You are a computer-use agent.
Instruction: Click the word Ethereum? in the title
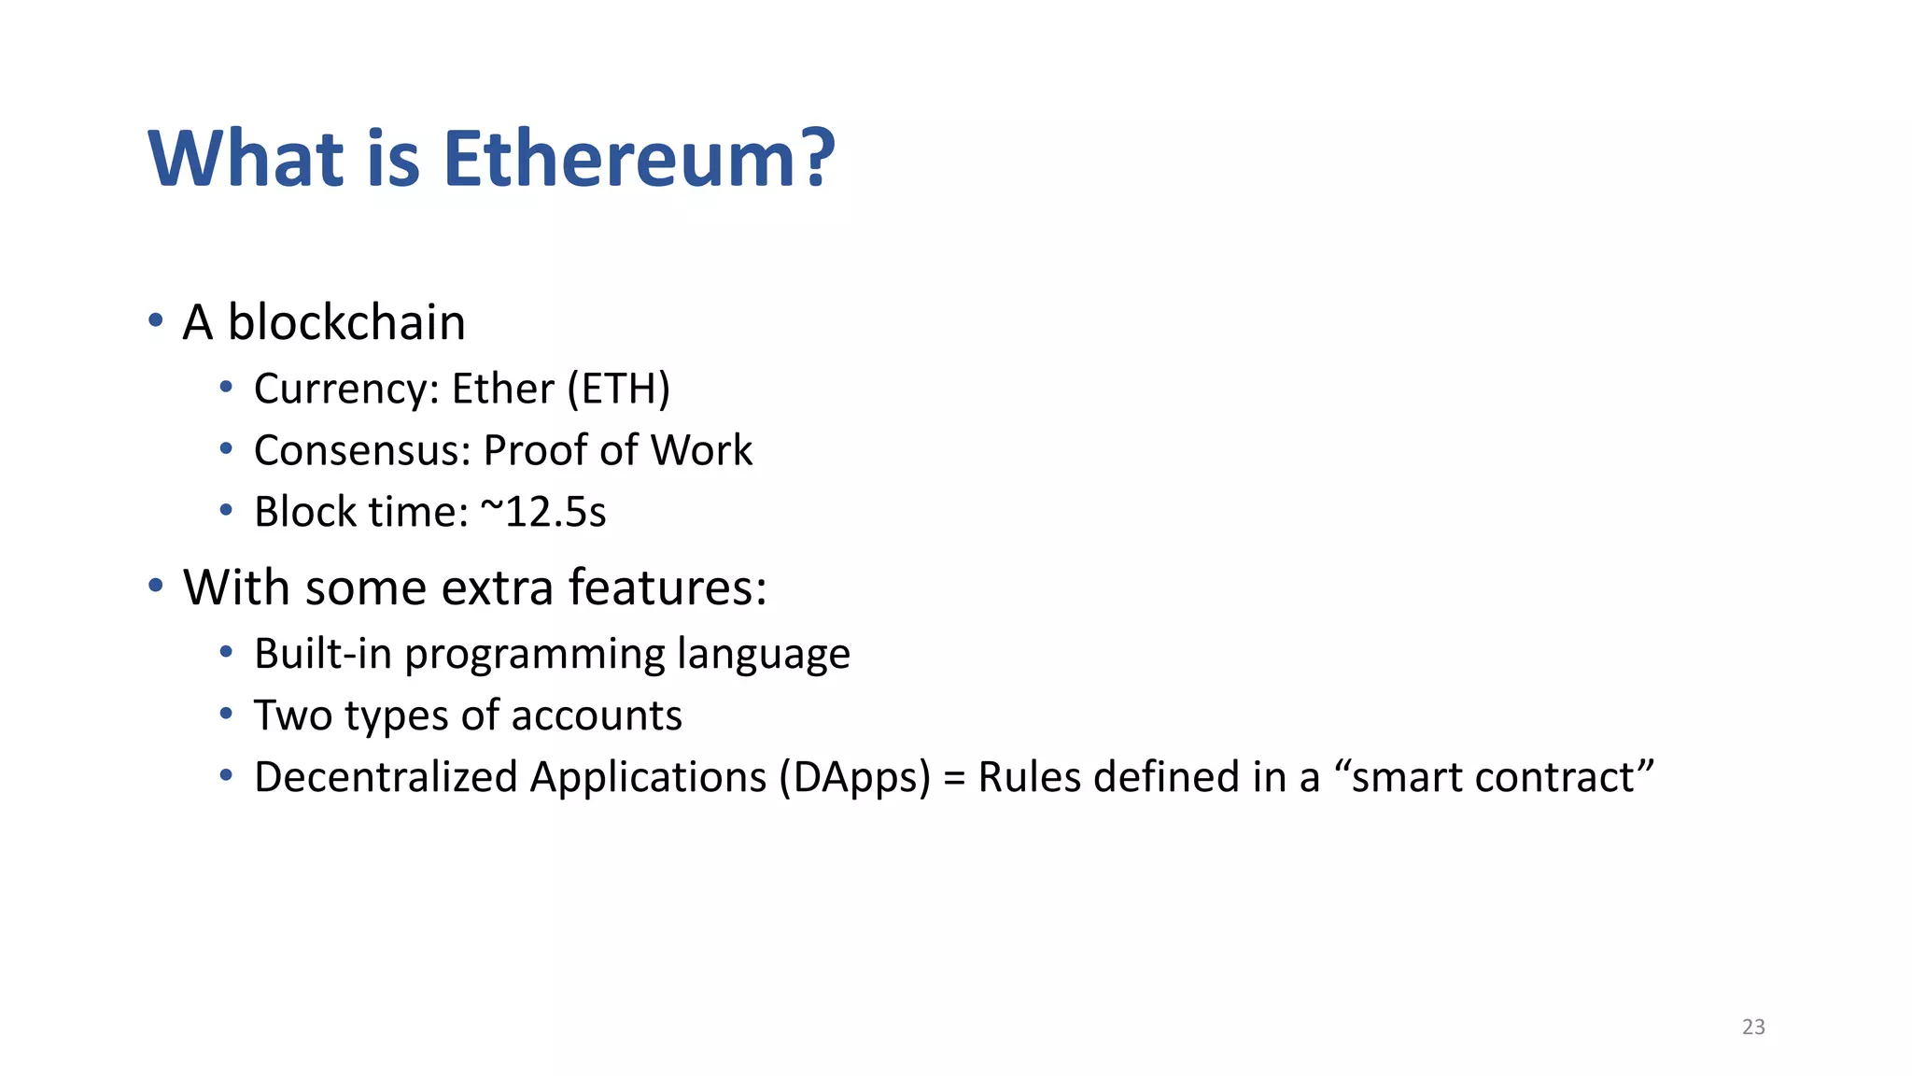(639, 159)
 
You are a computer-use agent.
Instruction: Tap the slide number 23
(1753, 1026)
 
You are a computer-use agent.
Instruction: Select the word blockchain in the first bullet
(346, 322)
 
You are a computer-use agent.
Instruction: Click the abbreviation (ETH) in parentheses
(619, 389)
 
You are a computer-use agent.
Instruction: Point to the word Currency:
(346, 389)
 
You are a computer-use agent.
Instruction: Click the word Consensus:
(362, 450)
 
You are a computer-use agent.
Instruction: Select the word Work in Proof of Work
(701, 450)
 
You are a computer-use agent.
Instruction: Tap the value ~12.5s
(543, 512)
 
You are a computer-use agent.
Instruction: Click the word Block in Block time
(305, 512)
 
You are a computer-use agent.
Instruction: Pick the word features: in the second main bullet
(668, 588)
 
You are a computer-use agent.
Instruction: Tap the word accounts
(597, 715)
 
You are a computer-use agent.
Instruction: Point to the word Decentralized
(386, 777)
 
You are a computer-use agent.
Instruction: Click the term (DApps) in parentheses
(855, 778)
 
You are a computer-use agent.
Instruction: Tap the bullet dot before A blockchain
(156, 321)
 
